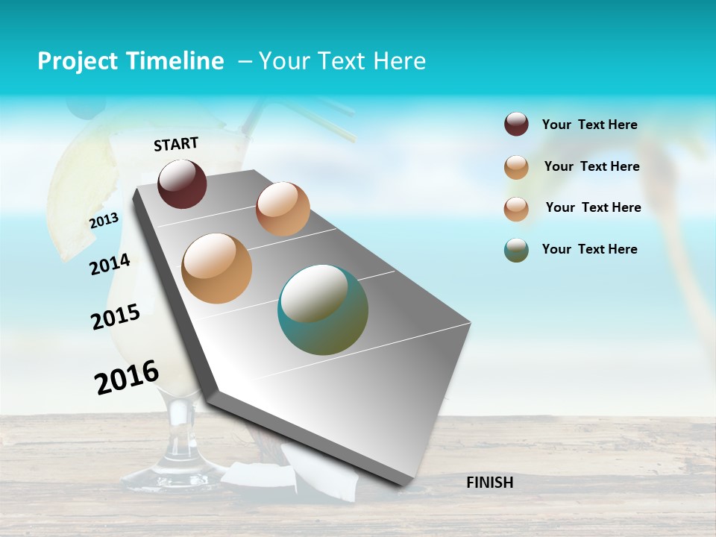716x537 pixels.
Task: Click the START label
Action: pos(176,144)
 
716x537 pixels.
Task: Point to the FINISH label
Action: pos(489,483)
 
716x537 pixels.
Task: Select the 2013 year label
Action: pos(104,221)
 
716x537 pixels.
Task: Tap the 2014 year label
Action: pos(110,265)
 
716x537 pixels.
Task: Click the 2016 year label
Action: pos(127,377)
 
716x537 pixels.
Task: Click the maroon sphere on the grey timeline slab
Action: pos(182,183)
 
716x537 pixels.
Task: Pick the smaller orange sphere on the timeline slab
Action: pos(283,209)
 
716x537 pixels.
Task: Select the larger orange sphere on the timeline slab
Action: pos(217,268)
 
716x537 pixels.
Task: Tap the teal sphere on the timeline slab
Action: pos(323,310)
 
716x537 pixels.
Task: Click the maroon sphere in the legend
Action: pos(516,125)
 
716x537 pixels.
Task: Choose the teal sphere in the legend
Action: pos(516,250)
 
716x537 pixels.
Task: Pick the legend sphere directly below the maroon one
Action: pos(516,167)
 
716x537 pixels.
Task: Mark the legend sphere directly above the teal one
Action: pos(516,209)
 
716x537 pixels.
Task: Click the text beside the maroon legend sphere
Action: pos(589,125)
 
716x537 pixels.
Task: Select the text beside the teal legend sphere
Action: pos(589,249)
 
